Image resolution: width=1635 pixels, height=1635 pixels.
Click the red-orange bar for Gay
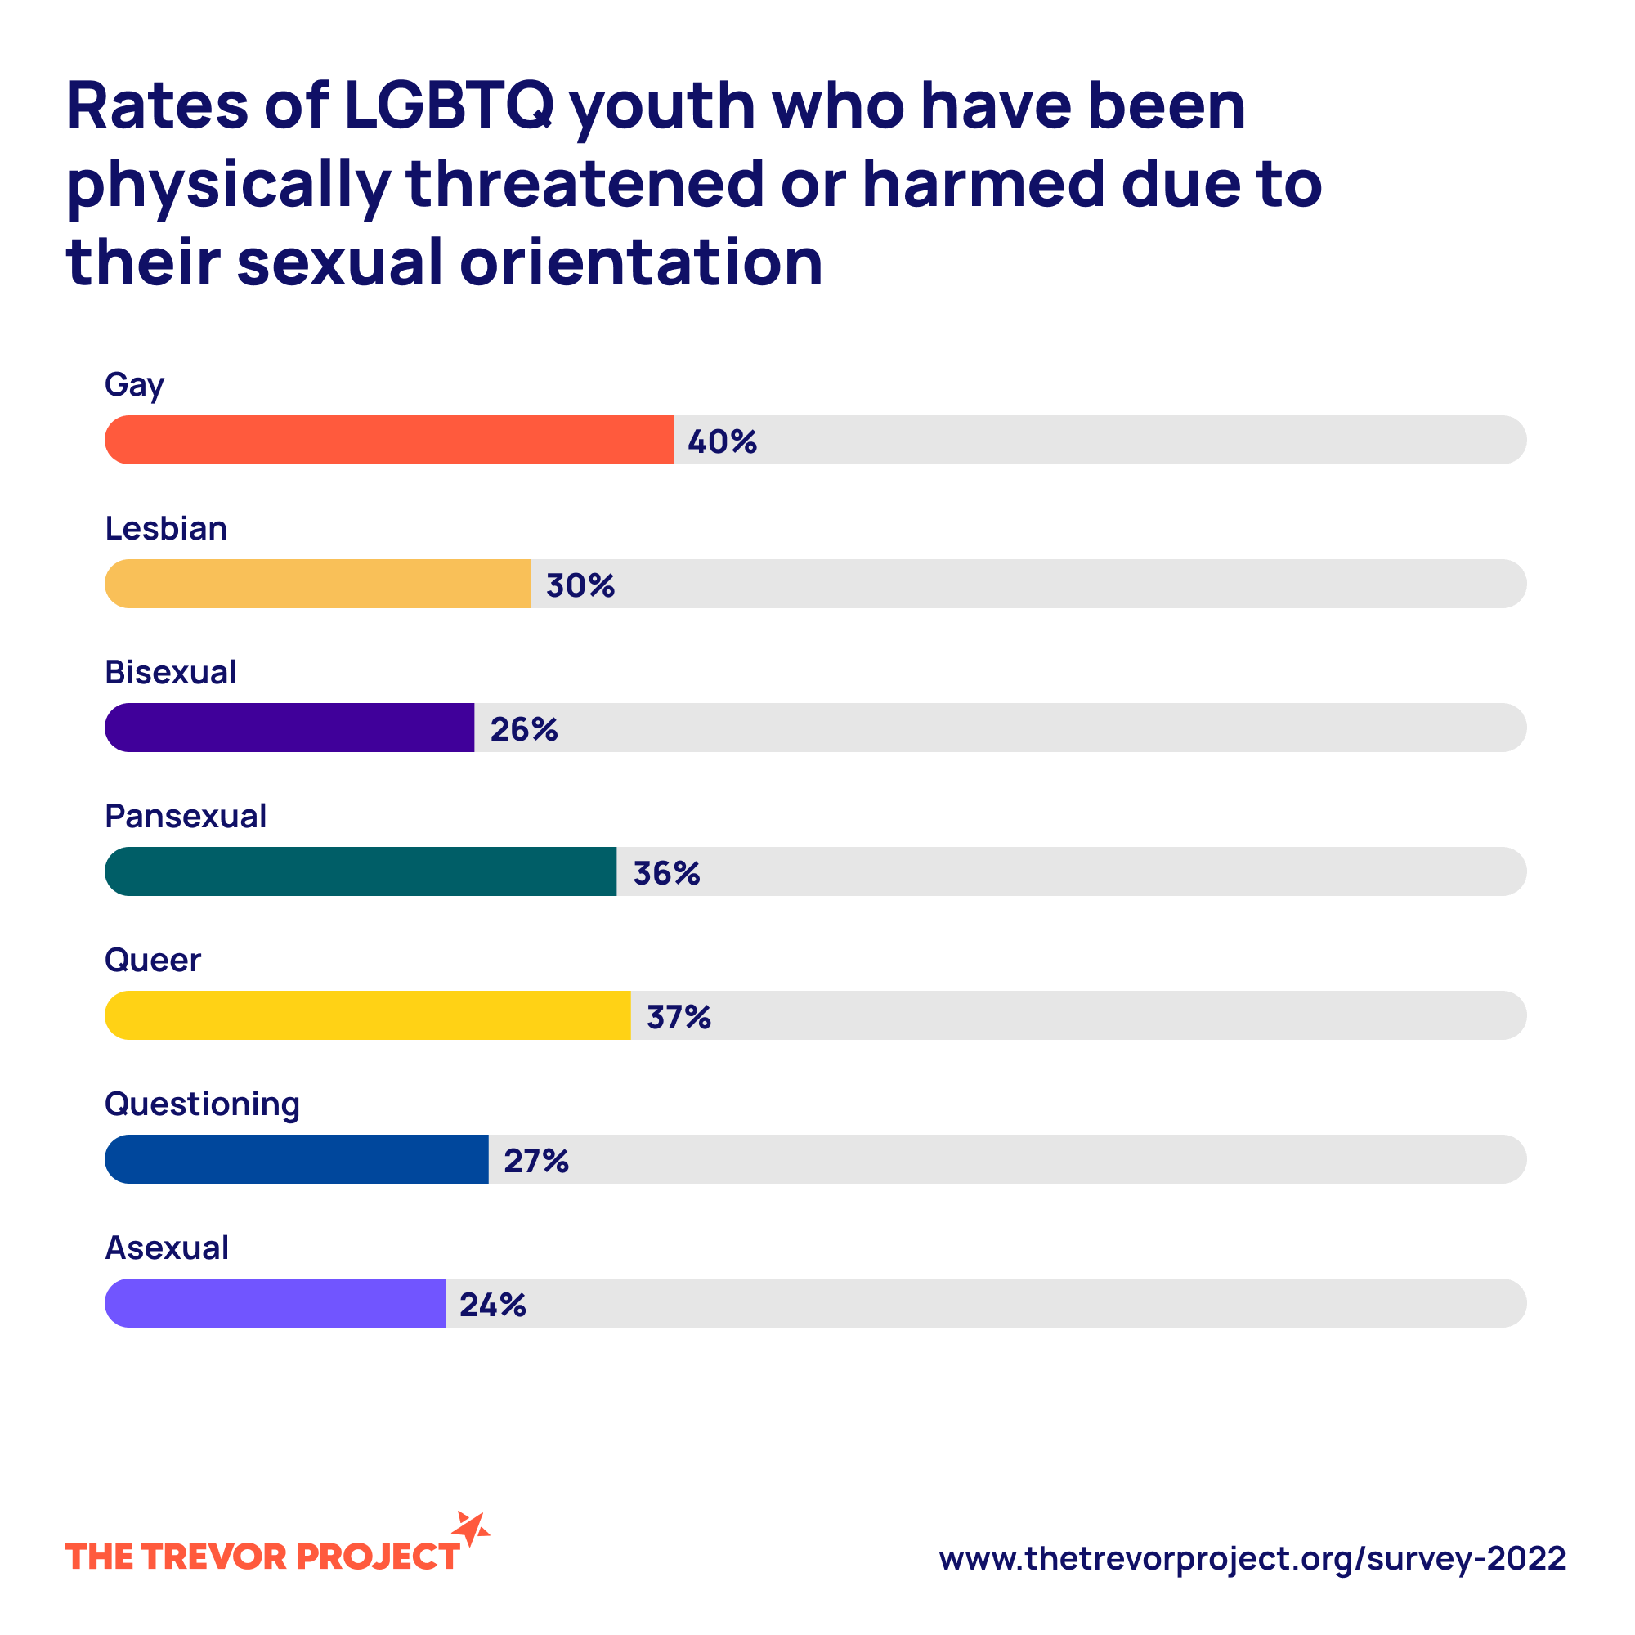(389, 440)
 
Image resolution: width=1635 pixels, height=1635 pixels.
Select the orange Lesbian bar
(318, 584)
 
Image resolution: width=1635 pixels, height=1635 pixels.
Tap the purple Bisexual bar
(289, 728)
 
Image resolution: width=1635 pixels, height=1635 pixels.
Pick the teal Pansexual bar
(361, 871)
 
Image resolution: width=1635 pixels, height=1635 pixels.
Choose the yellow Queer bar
(367, 1015)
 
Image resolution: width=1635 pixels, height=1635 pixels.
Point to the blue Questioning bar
(296, 1159)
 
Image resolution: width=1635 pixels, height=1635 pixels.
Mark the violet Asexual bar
(275, 1303)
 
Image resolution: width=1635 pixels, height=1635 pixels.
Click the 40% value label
(722, 441)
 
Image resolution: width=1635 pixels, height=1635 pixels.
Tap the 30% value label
(580, 585)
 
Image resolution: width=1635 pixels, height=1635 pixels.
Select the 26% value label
(524, 729)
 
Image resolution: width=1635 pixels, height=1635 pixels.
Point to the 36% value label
(667, 873)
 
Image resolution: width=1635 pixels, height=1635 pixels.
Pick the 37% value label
(679, 1017)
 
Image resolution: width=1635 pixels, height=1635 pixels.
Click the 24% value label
(492, 1305)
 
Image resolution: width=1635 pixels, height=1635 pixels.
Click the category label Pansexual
(186, 817)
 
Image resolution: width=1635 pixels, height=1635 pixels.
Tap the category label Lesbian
(166, 529)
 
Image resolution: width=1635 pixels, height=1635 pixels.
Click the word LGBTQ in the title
(449, 105)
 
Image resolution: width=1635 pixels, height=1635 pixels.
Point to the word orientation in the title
(641, 262)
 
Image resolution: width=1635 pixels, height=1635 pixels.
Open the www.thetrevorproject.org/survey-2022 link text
(1252, 1558)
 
